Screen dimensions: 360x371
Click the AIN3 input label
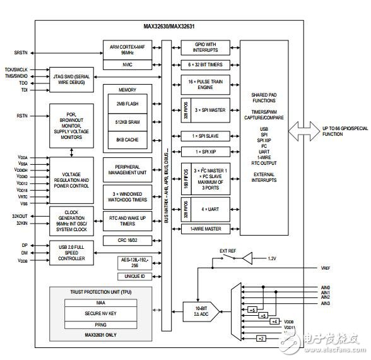325,303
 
